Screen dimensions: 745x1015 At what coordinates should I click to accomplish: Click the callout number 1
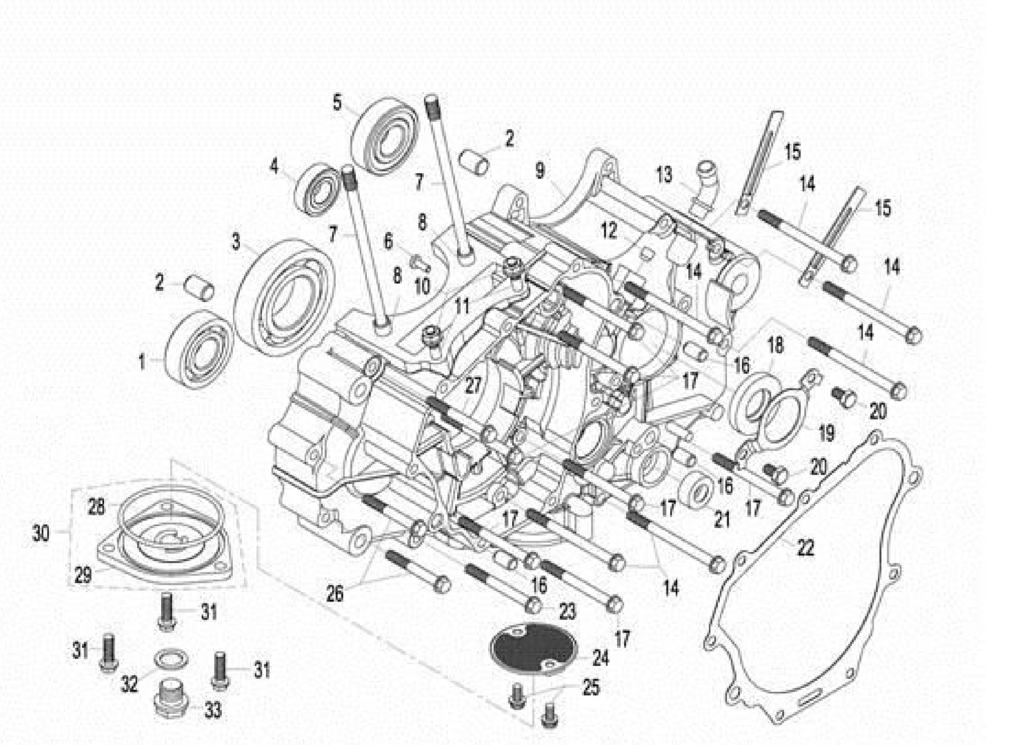click(x=142, y=362)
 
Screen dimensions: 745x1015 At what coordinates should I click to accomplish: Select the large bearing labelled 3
click(x=284, y=296)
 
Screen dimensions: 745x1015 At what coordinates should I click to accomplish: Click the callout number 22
click(x=805, y=548)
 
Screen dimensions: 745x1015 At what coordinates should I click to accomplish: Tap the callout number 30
click(x=41, y=533)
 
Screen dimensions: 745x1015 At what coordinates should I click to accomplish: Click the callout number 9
click(x=540, y=171)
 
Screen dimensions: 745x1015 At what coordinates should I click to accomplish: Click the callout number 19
click(x=826, y=433)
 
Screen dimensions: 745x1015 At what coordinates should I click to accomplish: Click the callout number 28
click(x=96, y=507)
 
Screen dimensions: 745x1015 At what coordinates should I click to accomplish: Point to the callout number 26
click(x=335, y=593)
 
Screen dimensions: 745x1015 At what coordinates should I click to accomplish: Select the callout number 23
click(x=567, y=611)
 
